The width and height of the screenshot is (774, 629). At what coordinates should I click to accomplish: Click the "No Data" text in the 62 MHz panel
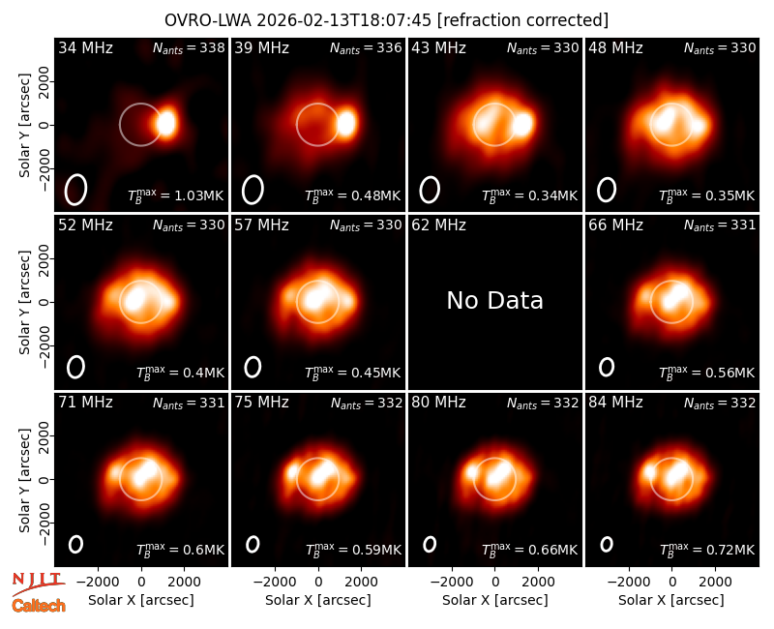click(494, 300)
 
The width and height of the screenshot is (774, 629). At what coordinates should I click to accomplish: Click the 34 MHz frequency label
click(85, 47)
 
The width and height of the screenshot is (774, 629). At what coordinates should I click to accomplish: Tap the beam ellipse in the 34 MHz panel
click(75, 190)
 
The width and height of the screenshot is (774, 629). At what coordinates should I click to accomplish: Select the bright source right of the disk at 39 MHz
click(346, 123)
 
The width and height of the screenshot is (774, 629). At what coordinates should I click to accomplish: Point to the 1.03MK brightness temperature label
click(176, 195)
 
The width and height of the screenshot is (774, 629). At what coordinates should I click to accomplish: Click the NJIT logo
click(38, 584)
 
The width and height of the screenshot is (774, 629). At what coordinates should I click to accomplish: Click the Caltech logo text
click(39, 606)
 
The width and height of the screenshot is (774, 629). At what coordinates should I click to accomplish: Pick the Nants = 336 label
click(366, 47)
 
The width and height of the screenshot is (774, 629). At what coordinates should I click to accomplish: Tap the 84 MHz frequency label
click(615, 403)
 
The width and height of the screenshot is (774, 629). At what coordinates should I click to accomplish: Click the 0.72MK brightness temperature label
click(707, 549)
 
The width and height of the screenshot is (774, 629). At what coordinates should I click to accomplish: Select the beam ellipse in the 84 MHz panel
click(607, 544)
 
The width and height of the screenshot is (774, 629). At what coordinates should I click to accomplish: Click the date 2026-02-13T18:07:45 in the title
click(344, 20)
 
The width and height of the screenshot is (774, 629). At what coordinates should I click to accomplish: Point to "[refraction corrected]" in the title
click(522, 20)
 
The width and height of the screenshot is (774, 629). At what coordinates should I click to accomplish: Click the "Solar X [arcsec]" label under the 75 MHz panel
click(318, 600)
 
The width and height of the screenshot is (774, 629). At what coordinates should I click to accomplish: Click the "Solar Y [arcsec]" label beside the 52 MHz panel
click(24, 302)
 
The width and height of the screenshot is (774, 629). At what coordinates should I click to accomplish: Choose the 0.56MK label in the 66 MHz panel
click(707, 373)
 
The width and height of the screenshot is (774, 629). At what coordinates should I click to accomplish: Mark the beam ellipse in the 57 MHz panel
click(253, 367)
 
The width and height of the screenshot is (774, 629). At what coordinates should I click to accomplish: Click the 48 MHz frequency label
click(615, 47)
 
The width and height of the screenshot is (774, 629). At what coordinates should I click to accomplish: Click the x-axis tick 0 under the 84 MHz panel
click(671, 582)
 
